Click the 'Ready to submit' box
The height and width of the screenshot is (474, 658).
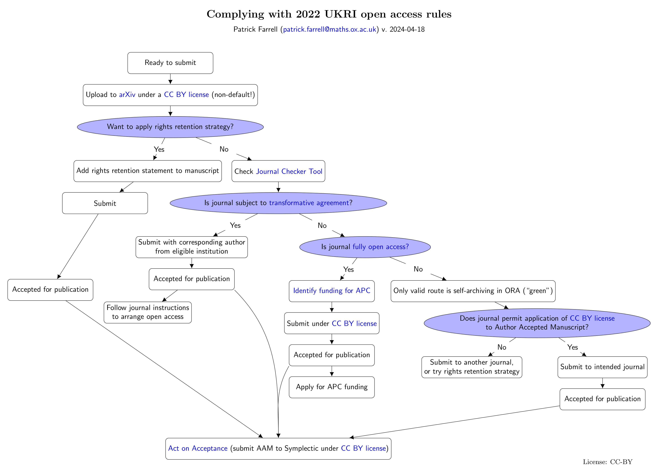point(170,63)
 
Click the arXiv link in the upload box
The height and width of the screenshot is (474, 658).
point(127,95)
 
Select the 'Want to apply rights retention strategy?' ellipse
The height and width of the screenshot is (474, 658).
point(170,127)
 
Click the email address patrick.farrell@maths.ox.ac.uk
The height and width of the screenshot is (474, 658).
point(329,29)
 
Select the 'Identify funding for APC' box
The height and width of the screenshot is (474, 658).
point(332,291)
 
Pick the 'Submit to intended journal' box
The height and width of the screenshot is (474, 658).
point(602,367)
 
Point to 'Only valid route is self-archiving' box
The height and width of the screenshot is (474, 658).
point(473,291)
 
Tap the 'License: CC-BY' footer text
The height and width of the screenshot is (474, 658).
point(608,462)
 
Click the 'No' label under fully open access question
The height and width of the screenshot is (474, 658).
point(418,269)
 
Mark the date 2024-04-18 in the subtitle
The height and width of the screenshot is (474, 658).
point(407,29)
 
